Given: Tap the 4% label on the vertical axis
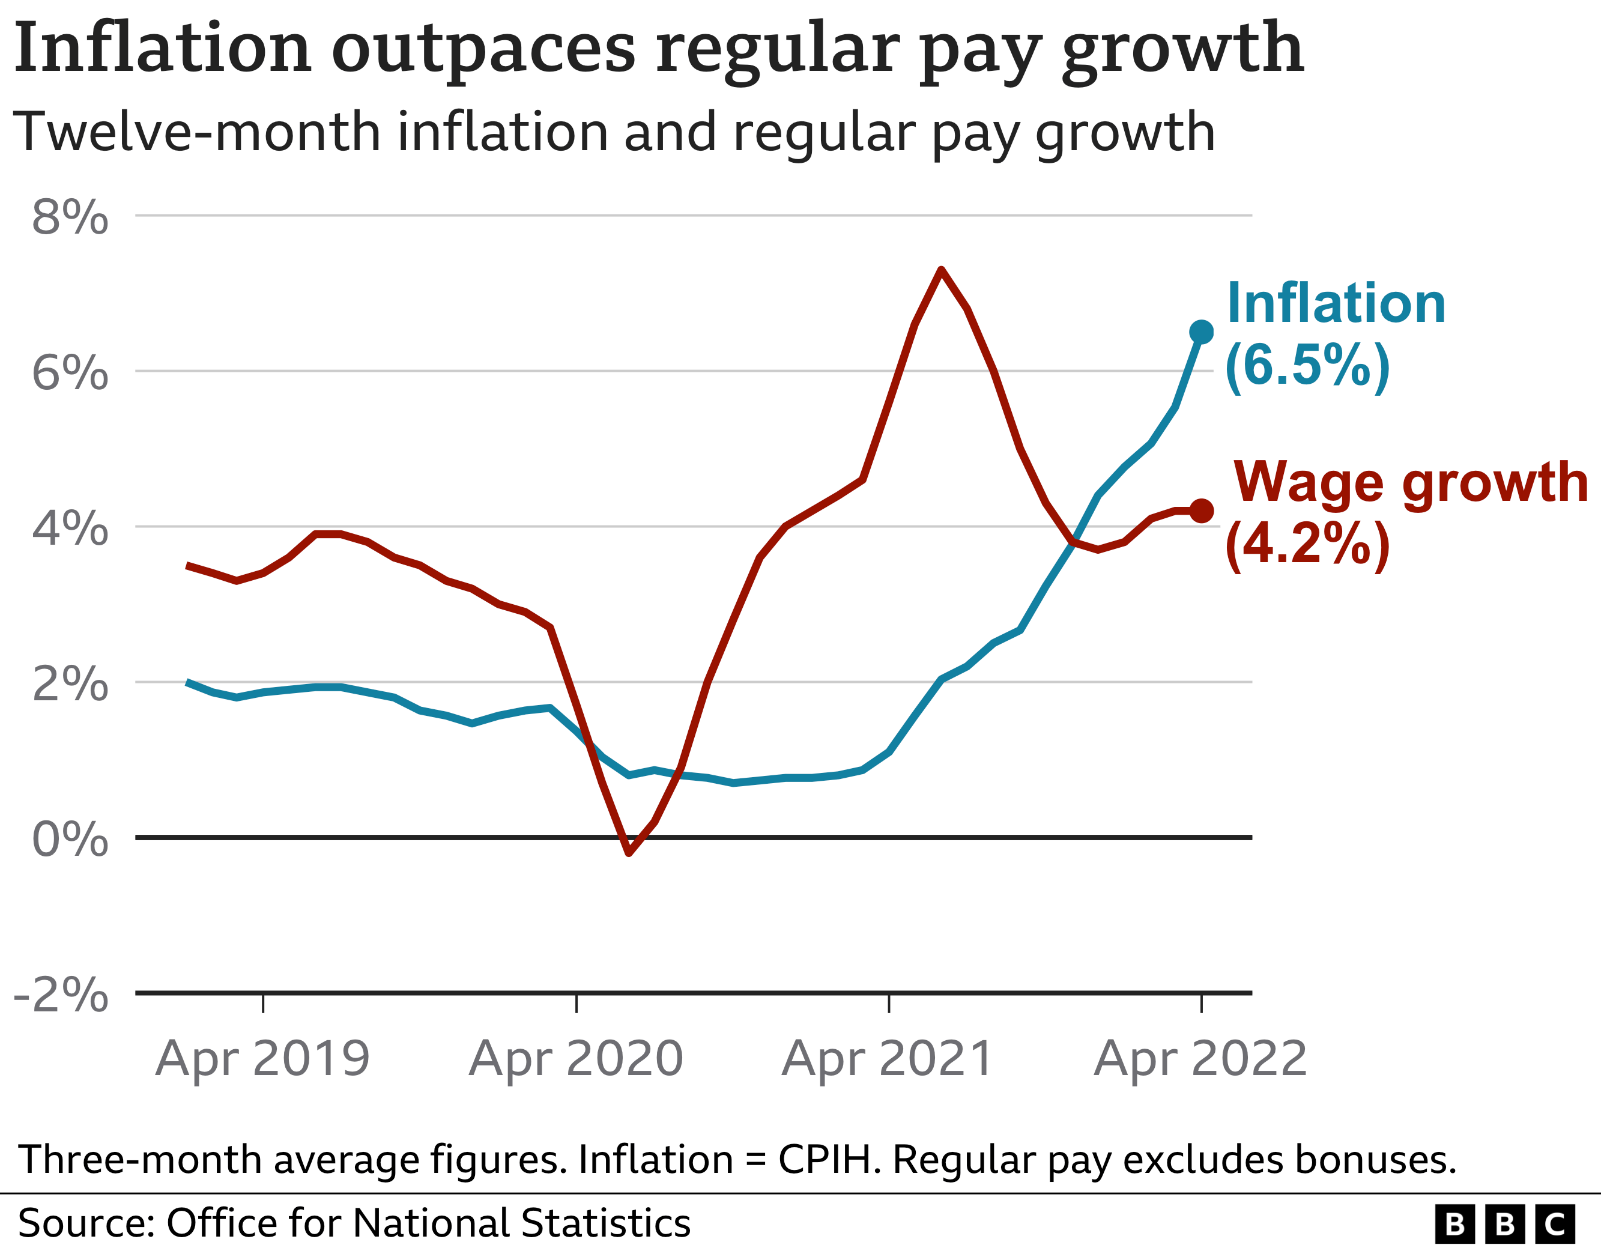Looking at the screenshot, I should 70,528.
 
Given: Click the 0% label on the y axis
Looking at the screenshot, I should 70,839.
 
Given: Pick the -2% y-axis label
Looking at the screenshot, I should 62,995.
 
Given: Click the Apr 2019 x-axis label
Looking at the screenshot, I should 262,1059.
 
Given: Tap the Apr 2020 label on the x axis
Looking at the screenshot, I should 576,1059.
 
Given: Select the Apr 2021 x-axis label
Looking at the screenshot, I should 888,1059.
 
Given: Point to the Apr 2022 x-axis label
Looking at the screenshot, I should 1201,1059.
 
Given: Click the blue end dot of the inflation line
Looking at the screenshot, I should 1201,332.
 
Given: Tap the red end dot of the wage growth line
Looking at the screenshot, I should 1201,510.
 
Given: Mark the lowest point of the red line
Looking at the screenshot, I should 629,853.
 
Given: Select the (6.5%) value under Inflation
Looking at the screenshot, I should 1307,365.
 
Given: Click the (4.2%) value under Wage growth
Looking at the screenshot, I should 1307,544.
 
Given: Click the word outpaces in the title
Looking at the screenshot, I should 484,49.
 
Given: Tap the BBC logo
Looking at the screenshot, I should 1504,1224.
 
